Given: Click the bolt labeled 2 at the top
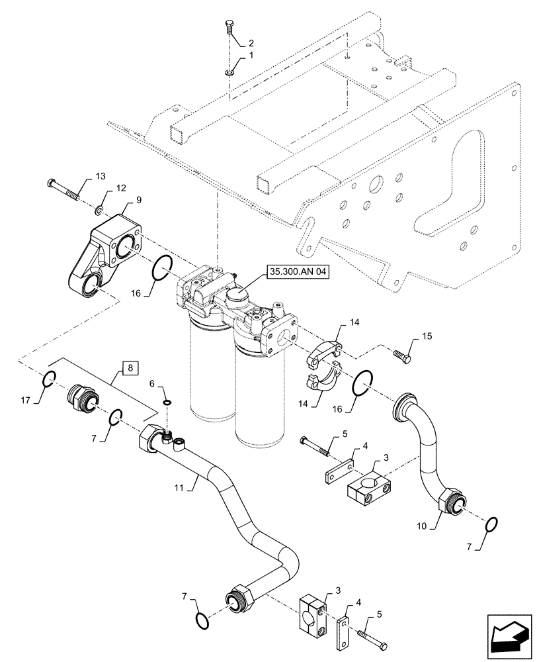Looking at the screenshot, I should tap(228, 27).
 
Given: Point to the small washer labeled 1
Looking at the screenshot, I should tap(228, 72).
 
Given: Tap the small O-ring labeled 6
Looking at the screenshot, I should tap(168, 401).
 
